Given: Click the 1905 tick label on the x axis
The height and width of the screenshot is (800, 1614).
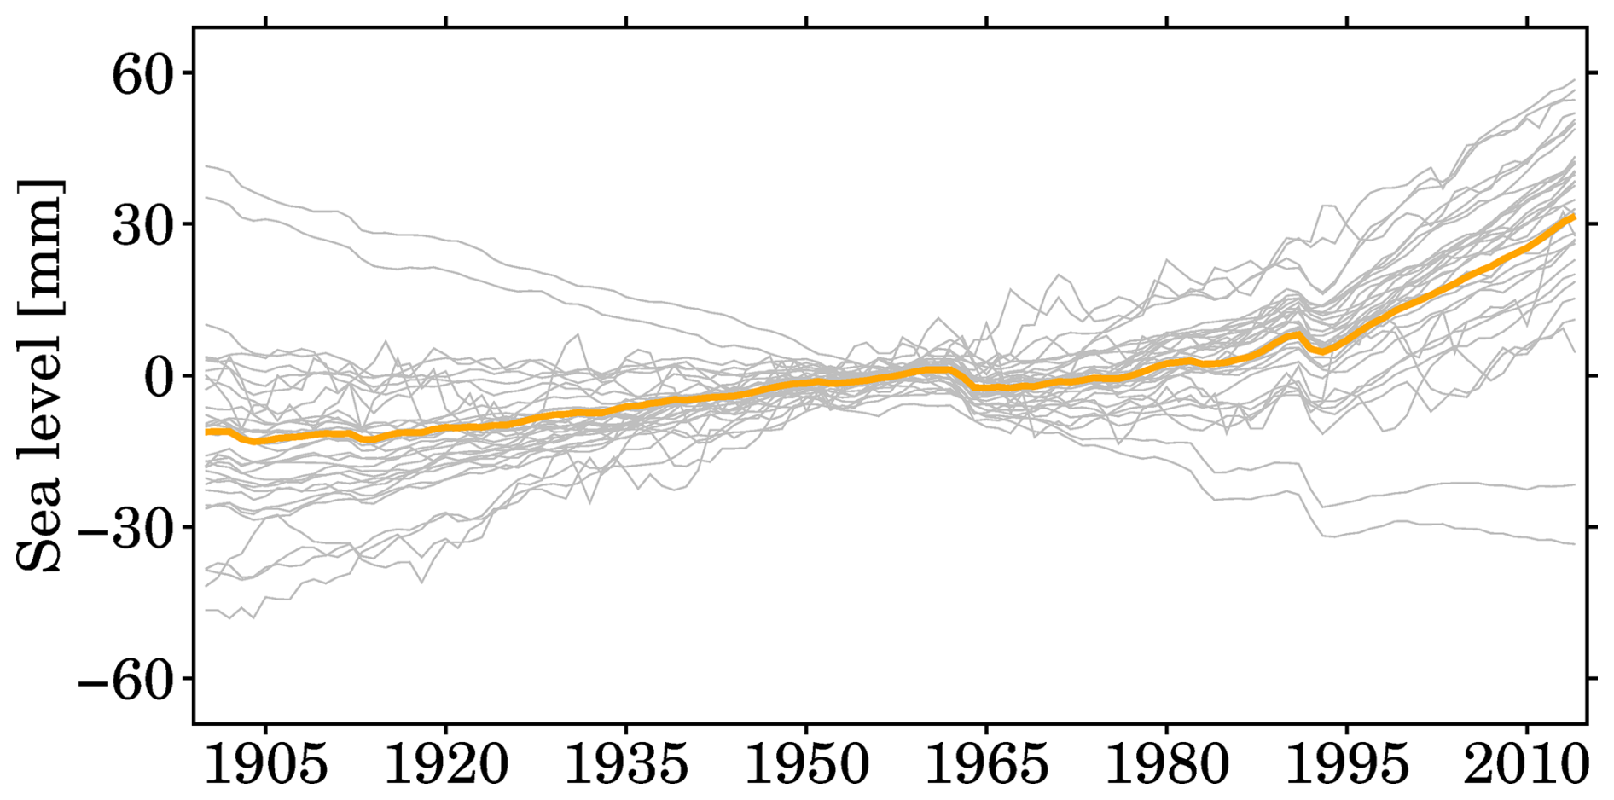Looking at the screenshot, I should [265, 765].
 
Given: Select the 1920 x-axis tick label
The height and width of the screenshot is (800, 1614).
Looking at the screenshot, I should [446, 765].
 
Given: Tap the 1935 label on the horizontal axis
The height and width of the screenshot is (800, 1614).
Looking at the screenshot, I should [626, 765].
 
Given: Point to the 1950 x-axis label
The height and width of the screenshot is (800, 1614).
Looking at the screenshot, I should [806, 765].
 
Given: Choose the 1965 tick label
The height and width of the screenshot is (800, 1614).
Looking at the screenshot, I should [987, 765].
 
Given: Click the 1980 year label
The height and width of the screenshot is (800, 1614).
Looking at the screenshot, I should [1167, 765].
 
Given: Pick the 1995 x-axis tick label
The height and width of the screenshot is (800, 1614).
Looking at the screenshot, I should [1347, 765].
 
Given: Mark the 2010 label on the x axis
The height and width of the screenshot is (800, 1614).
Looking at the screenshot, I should [1527, 765].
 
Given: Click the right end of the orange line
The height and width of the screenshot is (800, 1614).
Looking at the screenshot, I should [1573, 218].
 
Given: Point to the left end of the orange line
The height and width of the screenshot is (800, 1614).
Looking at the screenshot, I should [207, 432].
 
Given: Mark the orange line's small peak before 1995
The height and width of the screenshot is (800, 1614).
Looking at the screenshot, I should [1298, 334].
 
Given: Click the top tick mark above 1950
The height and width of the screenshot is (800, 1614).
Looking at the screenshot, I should [806, 22].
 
